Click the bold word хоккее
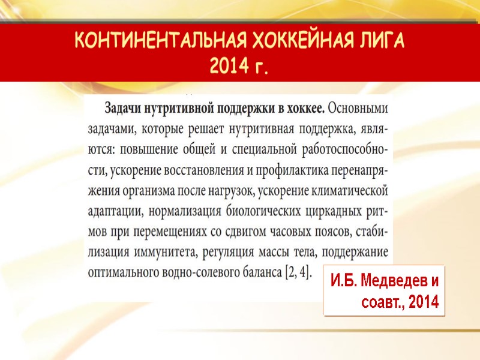[304, 109]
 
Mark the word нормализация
[181, 211]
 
